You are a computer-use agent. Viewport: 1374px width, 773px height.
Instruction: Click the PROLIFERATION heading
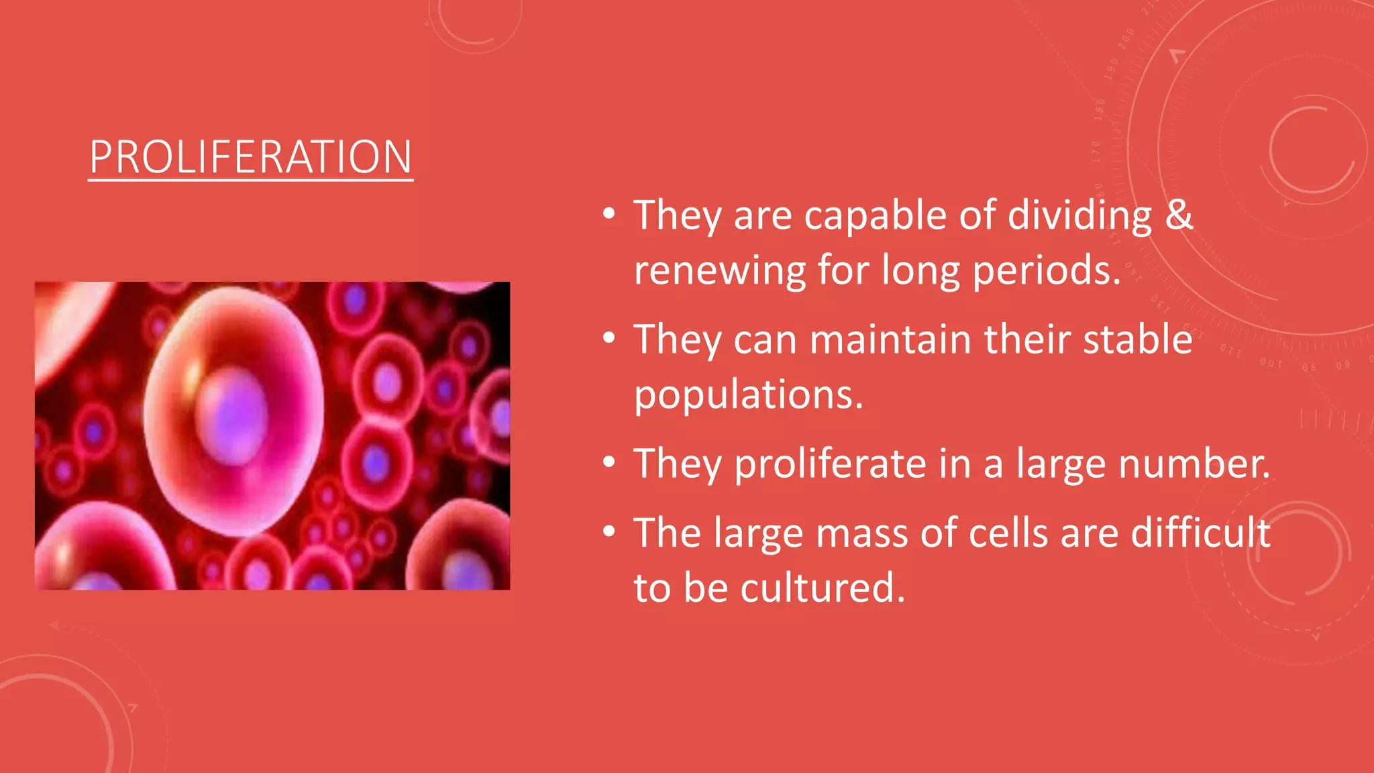coord(250,157)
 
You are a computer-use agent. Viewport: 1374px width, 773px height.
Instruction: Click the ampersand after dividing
coord(1179,215)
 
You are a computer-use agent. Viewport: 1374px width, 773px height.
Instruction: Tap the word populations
coord(748,396)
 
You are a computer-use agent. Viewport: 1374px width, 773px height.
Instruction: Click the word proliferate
coord(830,464)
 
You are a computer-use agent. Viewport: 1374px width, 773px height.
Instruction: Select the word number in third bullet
coord(1193,464)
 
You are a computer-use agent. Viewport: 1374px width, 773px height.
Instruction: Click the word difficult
coord(1200,533)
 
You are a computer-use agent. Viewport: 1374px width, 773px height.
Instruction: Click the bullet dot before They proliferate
coord(609,462)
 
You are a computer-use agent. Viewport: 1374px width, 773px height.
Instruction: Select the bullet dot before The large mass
coord(609,531)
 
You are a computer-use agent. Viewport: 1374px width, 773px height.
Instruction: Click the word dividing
coord(1079,215)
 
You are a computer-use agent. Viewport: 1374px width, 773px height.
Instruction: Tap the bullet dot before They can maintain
coord(609,338)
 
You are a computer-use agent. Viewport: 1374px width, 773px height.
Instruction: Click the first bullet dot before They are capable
coord(609,214)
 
